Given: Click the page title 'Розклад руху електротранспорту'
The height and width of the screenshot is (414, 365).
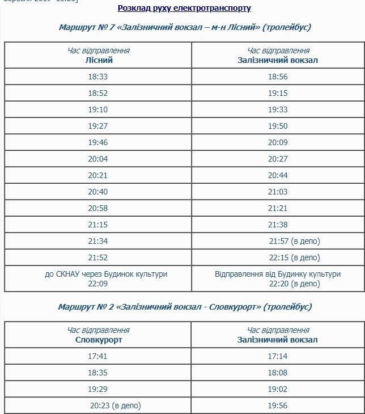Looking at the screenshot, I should coord(184,9).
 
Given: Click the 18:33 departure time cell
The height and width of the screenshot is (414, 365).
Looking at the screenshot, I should coord(98,77).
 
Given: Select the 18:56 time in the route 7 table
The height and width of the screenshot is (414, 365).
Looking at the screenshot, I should coord(278,77).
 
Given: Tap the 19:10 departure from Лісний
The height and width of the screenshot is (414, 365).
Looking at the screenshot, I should coord(98,109).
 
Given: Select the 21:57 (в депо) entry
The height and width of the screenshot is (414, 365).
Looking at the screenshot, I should coord(295,242).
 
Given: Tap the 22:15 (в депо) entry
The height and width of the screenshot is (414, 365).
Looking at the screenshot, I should coord(295,257).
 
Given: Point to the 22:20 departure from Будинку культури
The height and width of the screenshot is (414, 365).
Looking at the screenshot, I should coord(278,282).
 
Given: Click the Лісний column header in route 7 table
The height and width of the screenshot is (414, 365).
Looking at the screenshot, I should coord(98,60).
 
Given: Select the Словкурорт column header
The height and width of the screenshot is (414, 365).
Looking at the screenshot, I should coord(98,340).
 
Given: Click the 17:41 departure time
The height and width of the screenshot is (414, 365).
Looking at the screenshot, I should coord(98,357).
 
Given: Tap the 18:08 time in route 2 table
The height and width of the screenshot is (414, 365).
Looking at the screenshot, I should coord(278,373).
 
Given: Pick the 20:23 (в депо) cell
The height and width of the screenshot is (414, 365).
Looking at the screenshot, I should coord(115,405).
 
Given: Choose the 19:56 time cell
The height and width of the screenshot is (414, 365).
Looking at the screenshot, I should coord(278,405).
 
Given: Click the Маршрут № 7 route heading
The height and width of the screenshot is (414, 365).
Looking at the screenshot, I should coord(185,27).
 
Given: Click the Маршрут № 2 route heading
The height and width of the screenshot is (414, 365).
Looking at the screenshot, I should coord(185,307).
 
